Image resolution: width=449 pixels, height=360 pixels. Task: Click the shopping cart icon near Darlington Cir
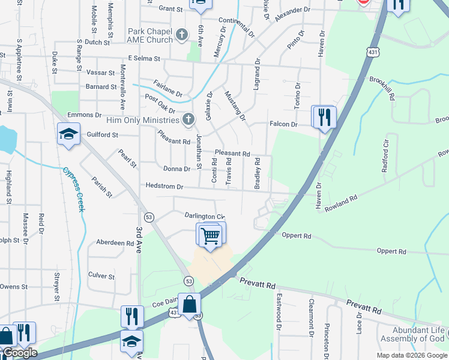pos(210,235)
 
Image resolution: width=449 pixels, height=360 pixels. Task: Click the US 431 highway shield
pos(374,53)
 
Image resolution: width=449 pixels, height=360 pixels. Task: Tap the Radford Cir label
pos(385,158)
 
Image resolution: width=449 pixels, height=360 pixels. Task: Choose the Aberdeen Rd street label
pos(115,243)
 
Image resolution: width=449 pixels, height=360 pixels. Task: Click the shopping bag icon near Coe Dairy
pos(190,305)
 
